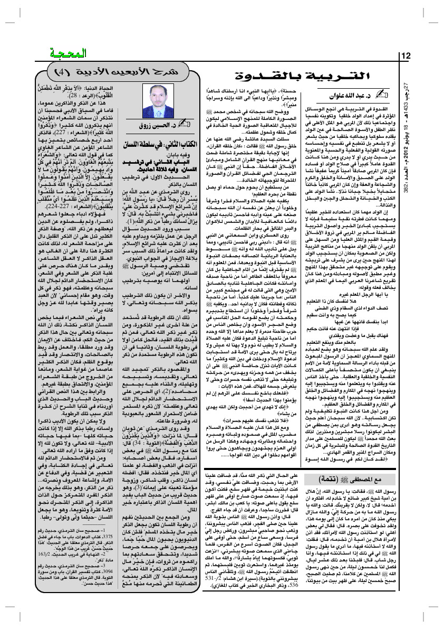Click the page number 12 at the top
click(x=406, y=57)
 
